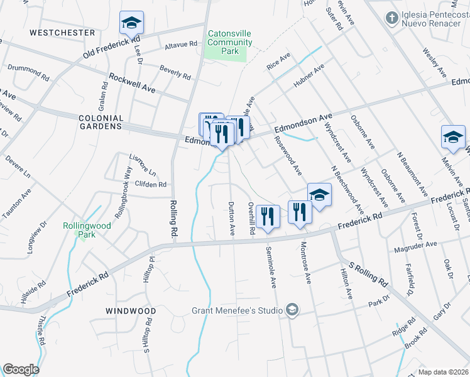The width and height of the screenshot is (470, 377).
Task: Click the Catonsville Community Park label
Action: point(230,43)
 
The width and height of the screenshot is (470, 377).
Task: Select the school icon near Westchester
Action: point(132,23)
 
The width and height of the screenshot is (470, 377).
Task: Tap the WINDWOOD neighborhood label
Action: point(131,311)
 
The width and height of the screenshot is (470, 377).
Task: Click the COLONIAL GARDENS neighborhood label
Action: point(100,122)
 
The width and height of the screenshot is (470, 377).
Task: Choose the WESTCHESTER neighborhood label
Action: point(62,32)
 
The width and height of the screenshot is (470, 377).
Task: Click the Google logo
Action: point(21,369)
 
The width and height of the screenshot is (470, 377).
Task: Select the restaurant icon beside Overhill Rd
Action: point(268,216)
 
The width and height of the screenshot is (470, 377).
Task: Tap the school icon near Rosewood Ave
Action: point(319,196)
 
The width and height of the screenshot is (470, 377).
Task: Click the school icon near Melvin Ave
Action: point(453,138)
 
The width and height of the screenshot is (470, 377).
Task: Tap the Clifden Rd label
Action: point(151,185)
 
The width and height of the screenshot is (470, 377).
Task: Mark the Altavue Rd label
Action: point(181,44)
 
